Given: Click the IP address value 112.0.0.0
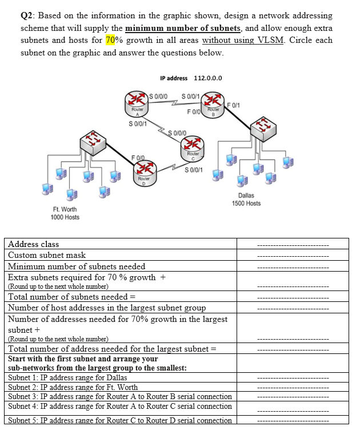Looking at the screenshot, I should tap(208, 78).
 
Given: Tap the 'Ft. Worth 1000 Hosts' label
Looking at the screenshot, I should tap(65, 213).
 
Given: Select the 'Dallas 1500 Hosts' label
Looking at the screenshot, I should tap(246, 200).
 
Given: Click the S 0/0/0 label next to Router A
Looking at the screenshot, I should tap(157, 95).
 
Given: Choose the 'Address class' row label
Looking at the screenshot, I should tap(33, 245).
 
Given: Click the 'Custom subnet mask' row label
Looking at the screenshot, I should tap(47, 255).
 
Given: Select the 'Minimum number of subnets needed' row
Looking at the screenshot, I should tap(77, 266).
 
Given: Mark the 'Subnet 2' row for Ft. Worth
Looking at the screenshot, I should tap(73, 387).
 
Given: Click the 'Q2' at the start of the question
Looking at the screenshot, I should tap(27, 15).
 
